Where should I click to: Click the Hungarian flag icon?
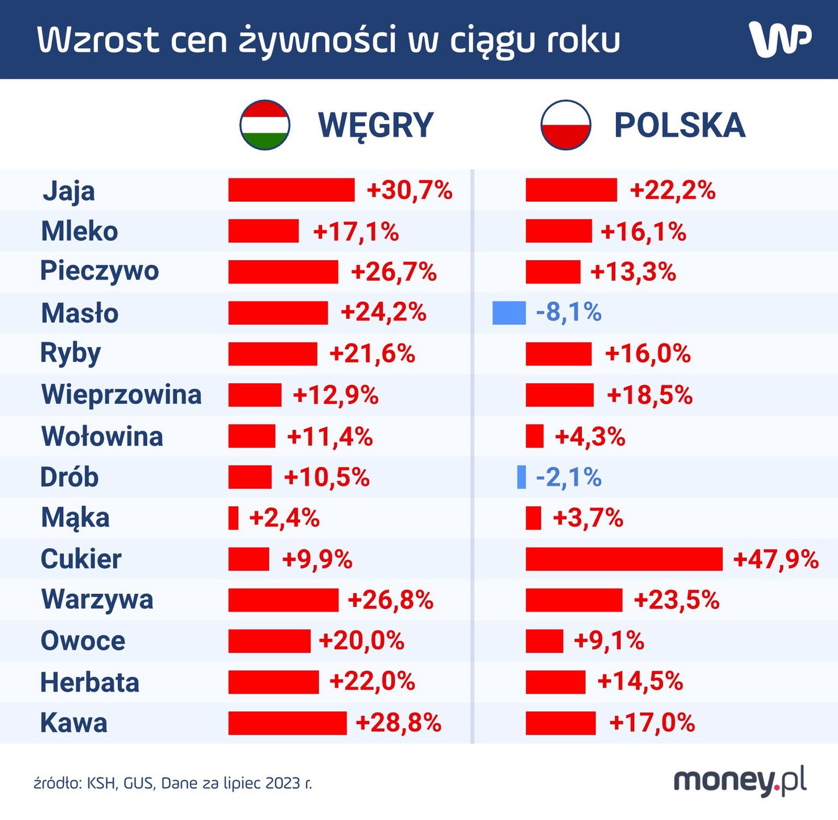tap(265, 125)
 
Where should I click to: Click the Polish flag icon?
tap(565, 125)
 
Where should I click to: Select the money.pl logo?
tap(740, 781)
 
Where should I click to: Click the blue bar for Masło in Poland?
tap(509, 313)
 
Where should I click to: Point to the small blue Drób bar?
tap(521, 477)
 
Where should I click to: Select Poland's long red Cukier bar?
tap(624, 559)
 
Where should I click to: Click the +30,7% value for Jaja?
tap(410, 190)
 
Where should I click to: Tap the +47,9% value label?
tap(776, 559)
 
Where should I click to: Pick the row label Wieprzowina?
tap(121, 395)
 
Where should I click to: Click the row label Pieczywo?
tap(100, 271)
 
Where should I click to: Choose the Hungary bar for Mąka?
tap(233, 518)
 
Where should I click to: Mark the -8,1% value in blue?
tap(569, 313)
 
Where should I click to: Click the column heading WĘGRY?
tap(376, 126)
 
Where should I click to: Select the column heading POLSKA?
tap(680, 126)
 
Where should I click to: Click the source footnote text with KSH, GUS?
tap(173, 784)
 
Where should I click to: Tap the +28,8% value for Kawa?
tap(398, 723)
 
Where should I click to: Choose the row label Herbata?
tap(90, 682)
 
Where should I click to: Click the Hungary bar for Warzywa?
tap(283, 600)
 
